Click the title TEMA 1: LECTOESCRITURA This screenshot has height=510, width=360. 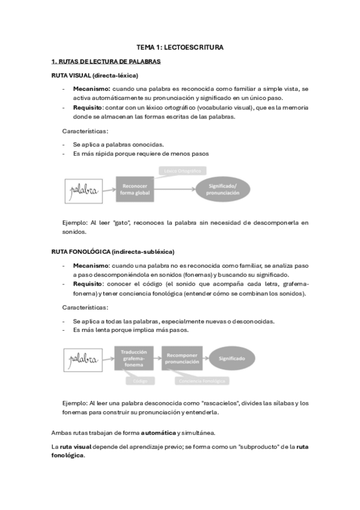[x=180, y=47]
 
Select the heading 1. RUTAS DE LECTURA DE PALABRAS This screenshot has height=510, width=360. [x=106, y=61]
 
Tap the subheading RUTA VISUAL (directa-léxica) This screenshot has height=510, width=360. [x=95, y=75]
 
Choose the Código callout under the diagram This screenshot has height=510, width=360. [x=139, y=381]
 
